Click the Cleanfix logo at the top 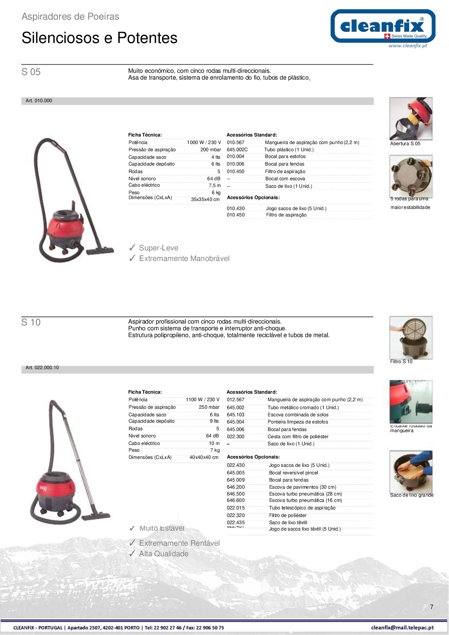383,26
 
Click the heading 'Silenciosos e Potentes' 100,38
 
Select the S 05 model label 31,72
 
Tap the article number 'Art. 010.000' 39,101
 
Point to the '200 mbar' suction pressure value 210,150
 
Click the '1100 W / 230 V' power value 202,400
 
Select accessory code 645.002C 237,150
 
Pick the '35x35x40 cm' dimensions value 205,199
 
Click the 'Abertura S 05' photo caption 405,144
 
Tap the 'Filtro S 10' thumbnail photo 411,337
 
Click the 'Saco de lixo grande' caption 412,495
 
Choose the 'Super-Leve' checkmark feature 158,248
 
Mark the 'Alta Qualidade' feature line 164,554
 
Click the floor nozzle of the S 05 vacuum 100,250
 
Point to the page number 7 432,607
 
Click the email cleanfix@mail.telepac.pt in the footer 402,628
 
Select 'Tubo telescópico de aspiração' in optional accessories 302,508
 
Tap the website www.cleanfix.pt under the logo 408,46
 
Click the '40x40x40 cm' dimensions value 204,457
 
